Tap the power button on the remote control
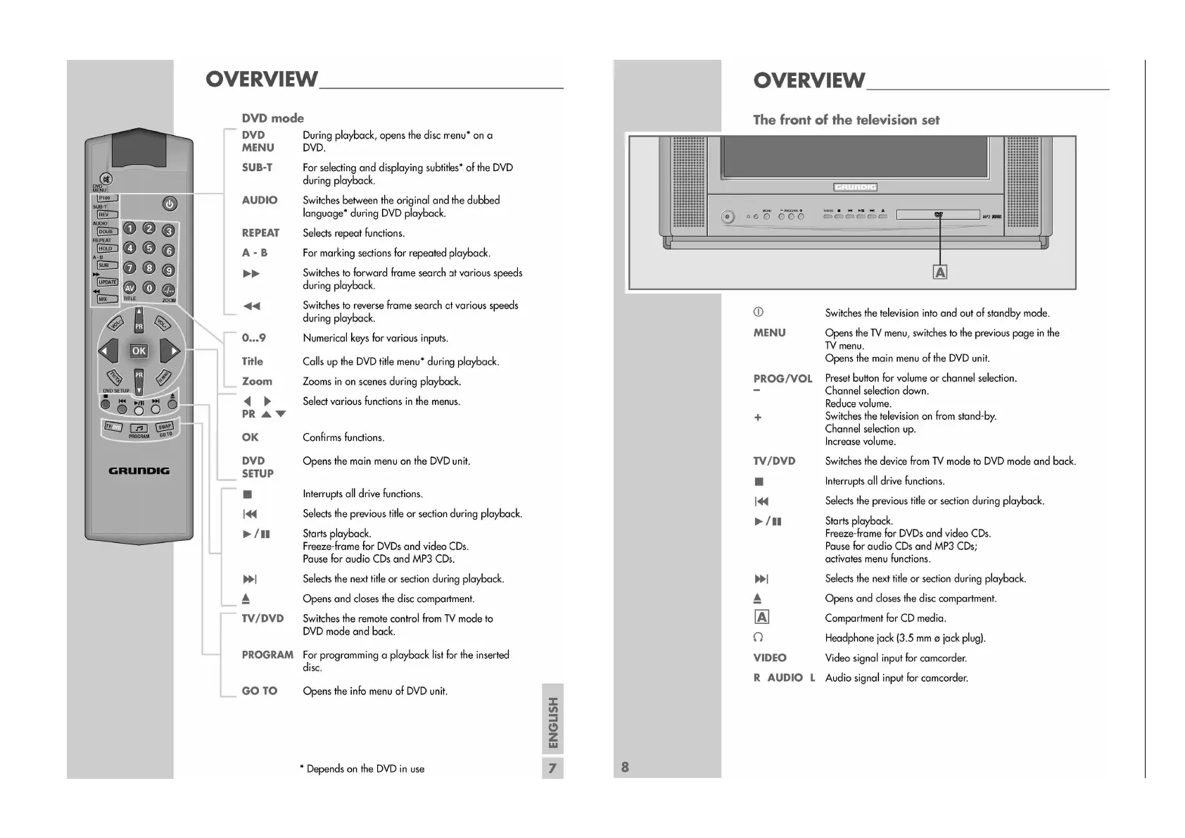(170, 204)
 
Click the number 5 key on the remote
(149, 248)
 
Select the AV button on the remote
(129, 288)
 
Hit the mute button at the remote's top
(106, 179)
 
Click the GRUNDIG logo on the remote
(139, 470)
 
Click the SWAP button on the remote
(165, 427)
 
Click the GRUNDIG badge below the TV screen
(855, 187)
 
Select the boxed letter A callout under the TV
(939, 272)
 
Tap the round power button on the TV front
(728, 217)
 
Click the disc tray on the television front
(938, 215)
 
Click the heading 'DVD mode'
(273, 118)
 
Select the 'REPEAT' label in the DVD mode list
(260, 233)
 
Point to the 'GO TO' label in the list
(260, 691)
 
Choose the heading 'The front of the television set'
(846, 120)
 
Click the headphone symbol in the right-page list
(758, 637)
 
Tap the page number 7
(552, 768)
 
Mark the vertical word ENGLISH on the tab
(553, 723)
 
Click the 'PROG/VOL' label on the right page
(782, 378)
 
